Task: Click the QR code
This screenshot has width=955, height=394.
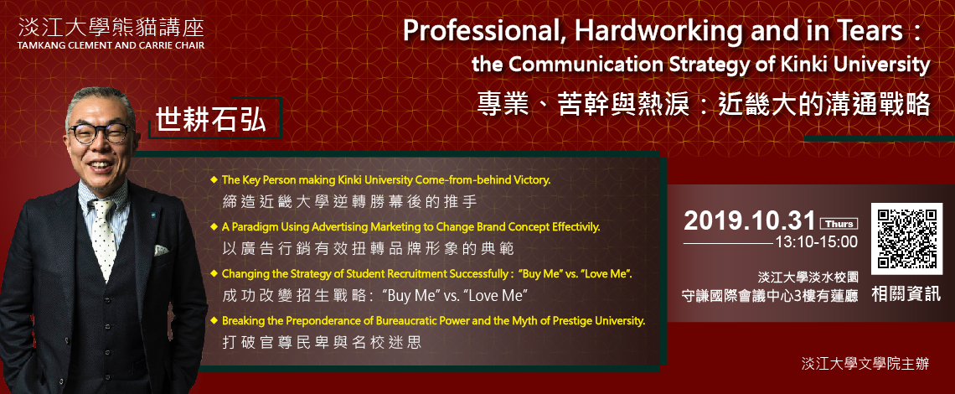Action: (906, 238)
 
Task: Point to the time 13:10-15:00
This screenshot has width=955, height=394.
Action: (816, 242)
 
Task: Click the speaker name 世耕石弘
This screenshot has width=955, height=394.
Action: (212, 120)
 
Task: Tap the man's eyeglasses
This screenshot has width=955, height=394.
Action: (101, 132)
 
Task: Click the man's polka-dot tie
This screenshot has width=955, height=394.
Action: (104, 238)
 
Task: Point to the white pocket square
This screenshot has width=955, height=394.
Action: (161, 250)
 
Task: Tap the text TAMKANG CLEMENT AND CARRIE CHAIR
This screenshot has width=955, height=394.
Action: (111, 45)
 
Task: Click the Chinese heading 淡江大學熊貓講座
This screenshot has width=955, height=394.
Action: (111, 26)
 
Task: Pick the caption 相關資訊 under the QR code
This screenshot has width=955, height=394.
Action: (906, 294)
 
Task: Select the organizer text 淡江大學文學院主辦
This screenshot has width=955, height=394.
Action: (865, 364)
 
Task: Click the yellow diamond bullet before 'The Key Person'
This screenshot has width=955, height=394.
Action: (214, 180)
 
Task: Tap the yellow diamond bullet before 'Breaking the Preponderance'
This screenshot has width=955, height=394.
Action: (214, 319)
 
